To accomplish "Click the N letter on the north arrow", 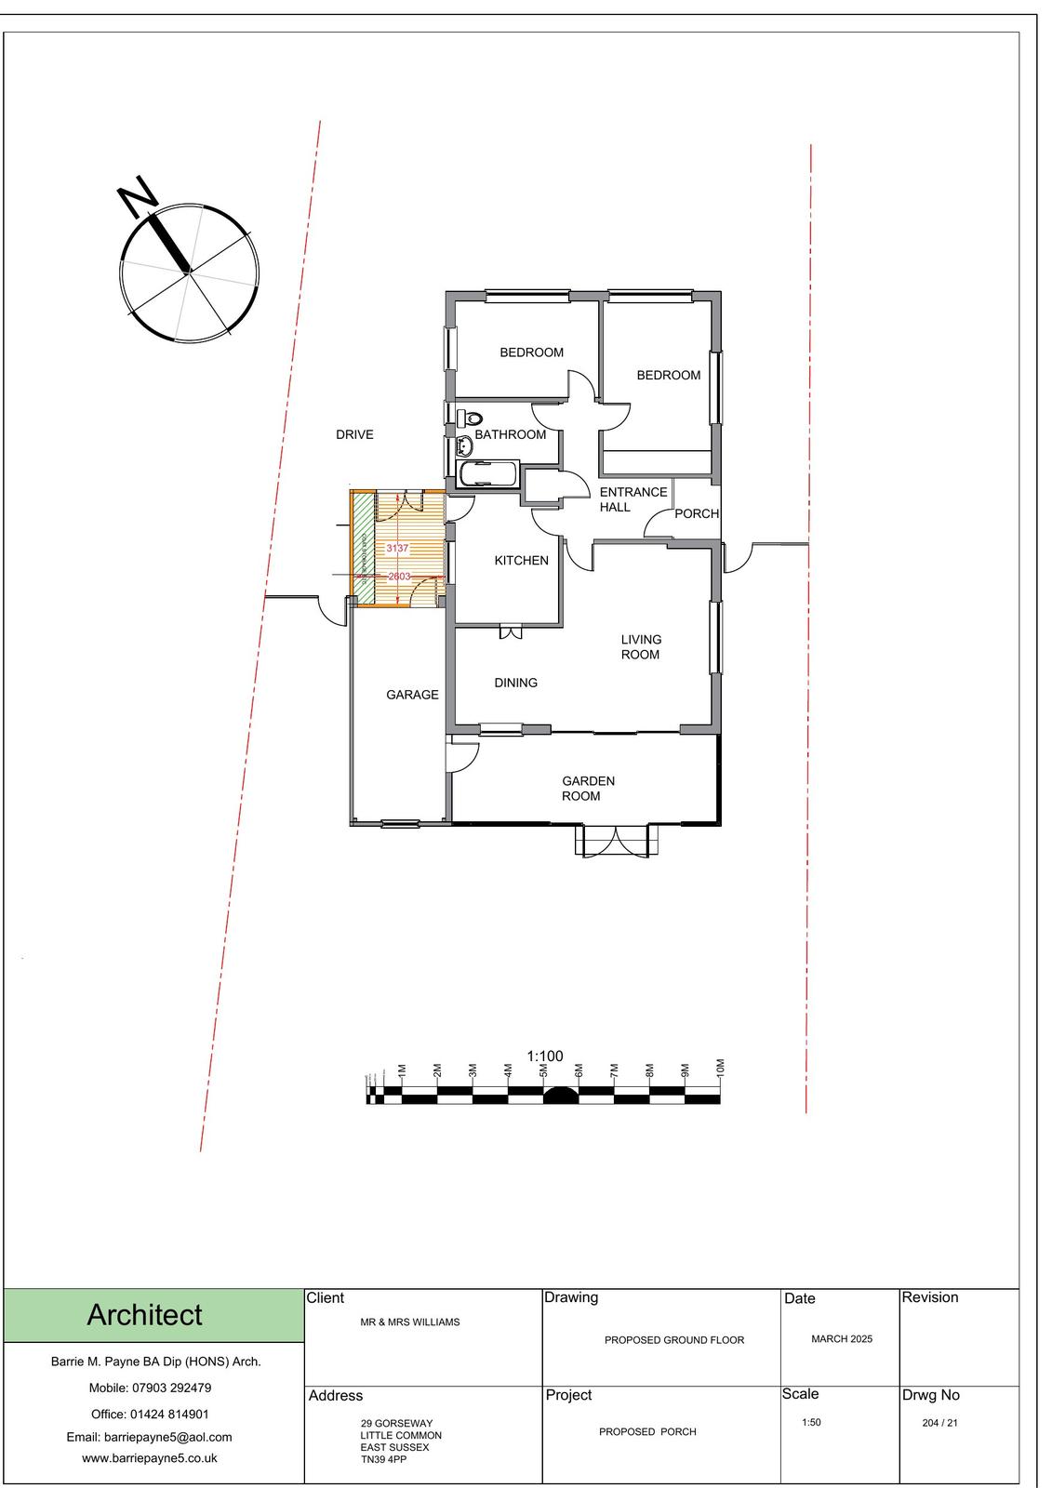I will (x=137, y=193).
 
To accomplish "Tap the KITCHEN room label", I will (x=521, y=561).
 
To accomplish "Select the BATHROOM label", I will (x=510, y=434).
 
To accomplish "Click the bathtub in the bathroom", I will (x=486, y=474).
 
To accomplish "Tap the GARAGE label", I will (x=412, y=695).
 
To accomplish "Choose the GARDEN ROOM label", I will (x=588, y=789).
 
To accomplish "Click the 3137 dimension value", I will (x=397, y=549).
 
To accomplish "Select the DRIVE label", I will (x=354, y=434).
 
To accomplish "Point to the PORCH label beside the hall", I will (x=697, y=513).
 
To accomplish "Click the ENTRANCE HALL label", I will (x=633, y=499).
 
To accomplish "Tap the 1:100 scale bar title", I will (x=545, y=1056).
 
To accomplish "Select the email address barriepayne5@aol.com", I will (x=150, y=1437).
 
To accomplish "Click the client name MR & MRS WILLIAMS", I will (x=409, y=1322).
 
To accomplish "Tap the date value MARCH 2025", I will (x=842, y=1339).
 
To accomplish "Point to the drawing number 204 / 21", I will (x=939, y=1423).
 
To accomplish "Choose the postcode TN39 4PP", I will (x=383, y=1459).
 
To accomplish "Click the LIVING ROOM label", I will (x=641, y=646).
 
